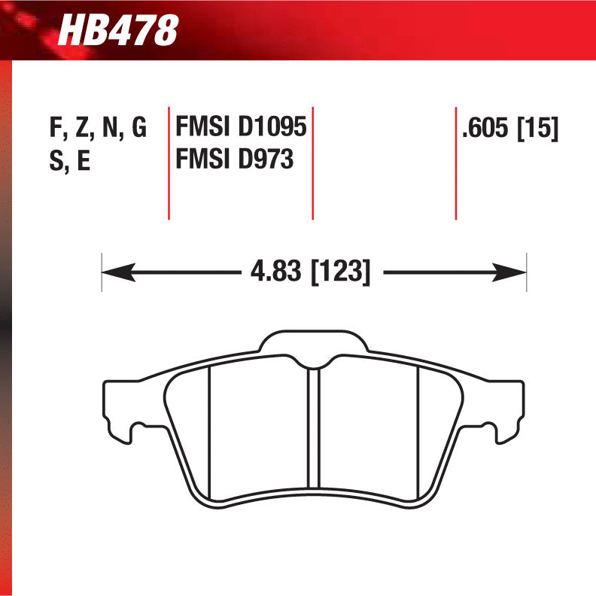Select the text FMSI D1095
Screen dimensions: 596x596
241,127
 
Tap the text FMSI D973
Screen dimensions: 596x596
234,160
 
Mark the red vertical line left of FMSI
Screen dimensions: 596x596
169,162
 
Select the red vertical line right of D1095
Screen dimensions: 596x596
312,162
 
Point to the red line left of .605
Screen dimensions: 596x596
456,162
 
